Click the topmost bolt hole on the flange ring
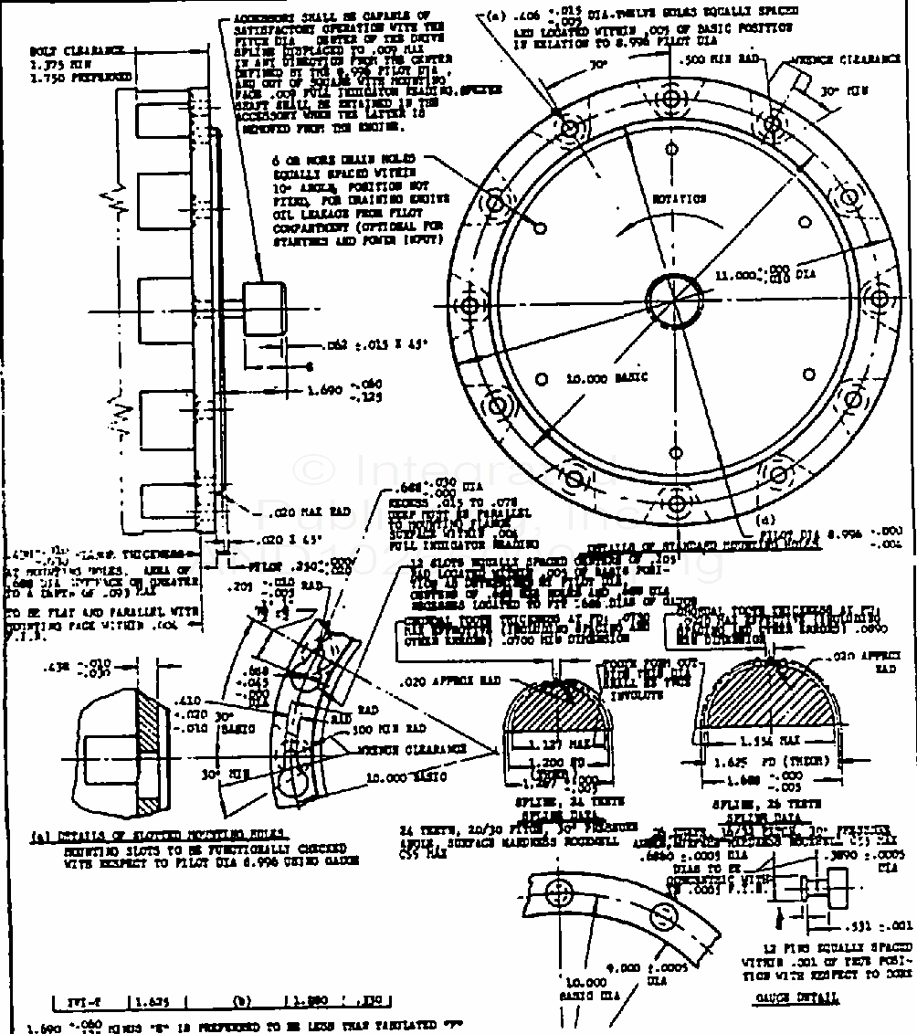[x=674, y=97]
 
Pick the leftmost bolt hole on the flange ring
[x=472, y=303]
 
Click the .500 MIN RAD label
[x=712, y=59]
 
